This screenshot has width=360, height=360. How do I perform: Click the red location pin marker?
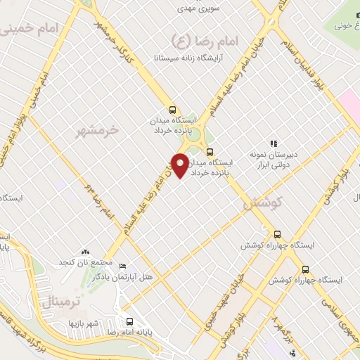tap(180, 165)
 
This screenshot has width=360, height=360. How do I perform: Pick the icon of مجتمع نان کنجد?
tap(86, 251)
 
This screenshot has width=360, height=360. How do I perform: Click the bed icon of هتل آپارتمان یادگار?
tap(123, 266)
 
